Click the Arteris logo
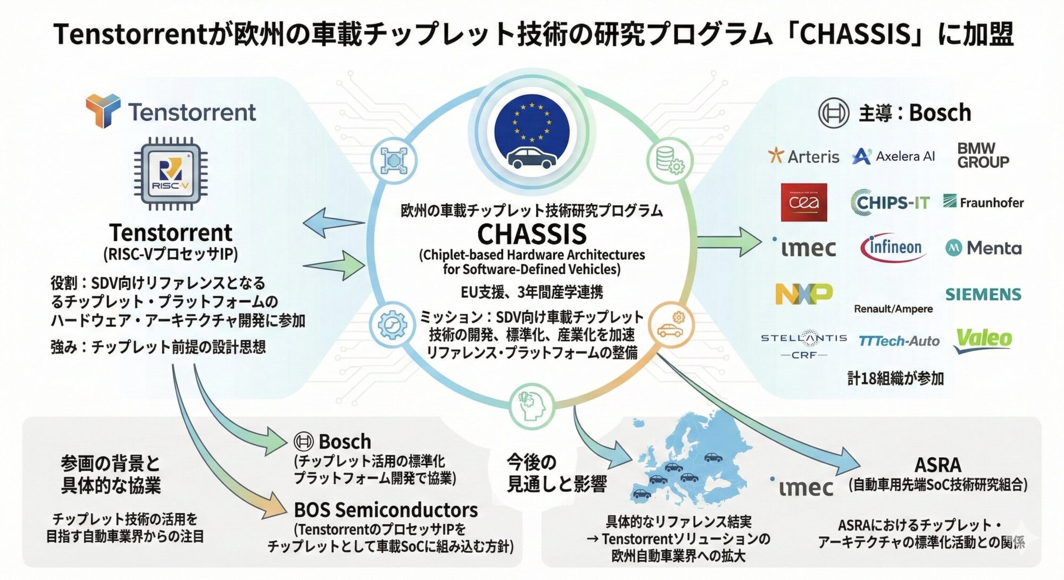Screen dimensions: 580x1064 tap(803, 156)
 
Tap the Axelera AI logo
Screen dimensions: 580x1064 tap(893, 156)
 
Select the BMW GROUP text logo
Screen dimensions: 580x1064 tap(983, 155)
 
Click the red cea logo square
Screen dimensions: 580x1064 tap(803, 202)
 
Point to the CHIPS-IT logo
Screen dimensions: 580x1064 tap(890, 203)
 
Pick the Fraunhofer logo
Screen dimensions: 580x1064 tap(983, 202)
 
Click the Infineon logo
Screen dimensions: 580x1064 tap(894, 248)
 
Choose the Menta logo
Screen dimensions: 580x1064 tap(983, 248)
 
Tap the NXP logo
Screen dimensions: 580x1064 tap(803, 293)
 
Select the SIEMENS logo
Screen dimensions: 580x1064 tap(983, 294)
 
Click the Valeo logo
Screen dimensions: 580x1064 tap(983, 339)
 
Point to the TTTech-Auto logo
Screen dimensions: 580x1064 tap(899, 341)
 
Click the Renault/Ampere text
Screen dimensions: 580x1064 tap(893, 309)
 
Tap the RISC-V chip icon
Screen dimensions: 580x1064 tap(171, 173)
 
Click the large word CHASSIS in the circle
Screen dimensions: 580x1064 tap(531, 234)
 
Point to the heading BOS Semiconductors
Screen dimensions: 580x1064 tap(386, 510)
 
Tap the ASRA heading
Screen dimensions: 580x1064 tap(937, 465)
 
